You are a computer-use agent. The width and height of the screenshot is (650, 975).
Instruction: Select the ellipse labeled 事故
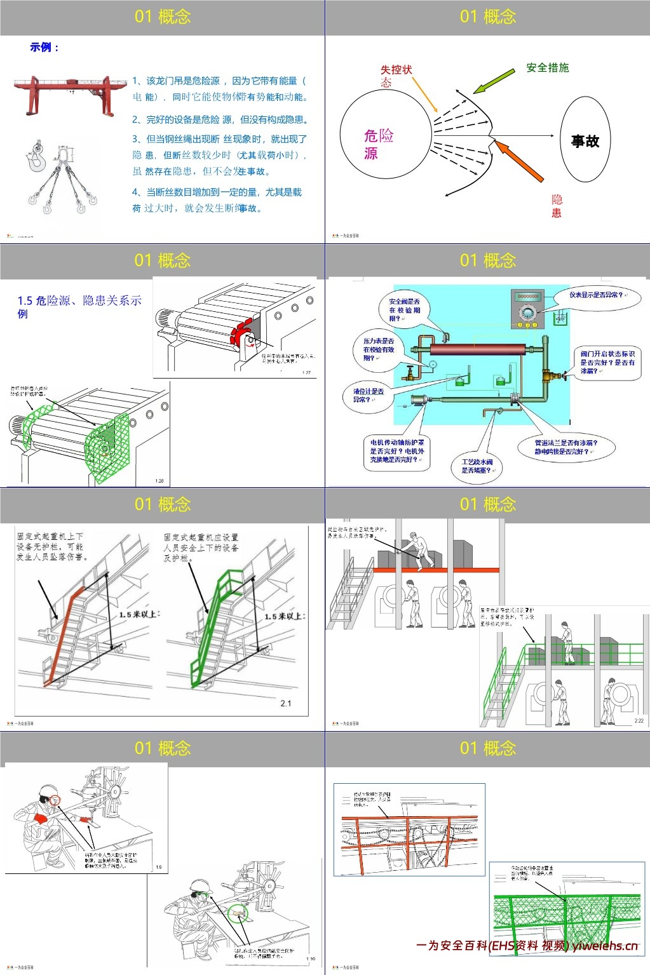[x=585, y=140]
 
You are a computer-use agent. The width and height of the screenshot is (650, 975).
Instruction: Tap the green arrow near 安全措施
[x=494, y=81]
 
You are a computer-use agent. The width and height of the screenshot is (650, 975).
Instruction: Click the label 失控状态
[x=396, y=75]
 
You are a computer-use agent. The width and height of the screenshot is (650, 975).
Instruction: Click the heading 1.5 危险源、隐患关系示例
[x=79, y=306]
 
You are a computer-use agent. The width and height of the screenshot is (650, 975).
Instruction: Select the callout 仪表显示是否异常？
[x=595, y=295]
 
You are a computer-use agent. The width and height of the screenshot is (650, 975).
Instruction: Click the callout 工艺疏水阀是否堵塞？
[x=477, y=466]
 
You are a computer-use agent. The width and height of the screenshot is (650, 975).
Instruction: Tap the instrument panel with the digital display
[x=528, y=309]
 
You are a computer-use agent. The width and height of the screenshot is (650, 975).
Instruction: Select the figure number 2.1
[x=286, y=703]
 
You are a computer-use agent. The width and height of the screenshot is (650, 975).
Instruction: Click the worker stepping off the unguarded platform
[x=418, y=550]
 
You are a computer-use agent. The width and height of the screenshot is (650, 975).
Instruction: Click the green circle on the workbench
[x=238, y=913]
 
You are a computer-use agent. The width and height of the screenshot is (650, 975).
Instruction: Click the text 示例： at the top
[x=44, y=47]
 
